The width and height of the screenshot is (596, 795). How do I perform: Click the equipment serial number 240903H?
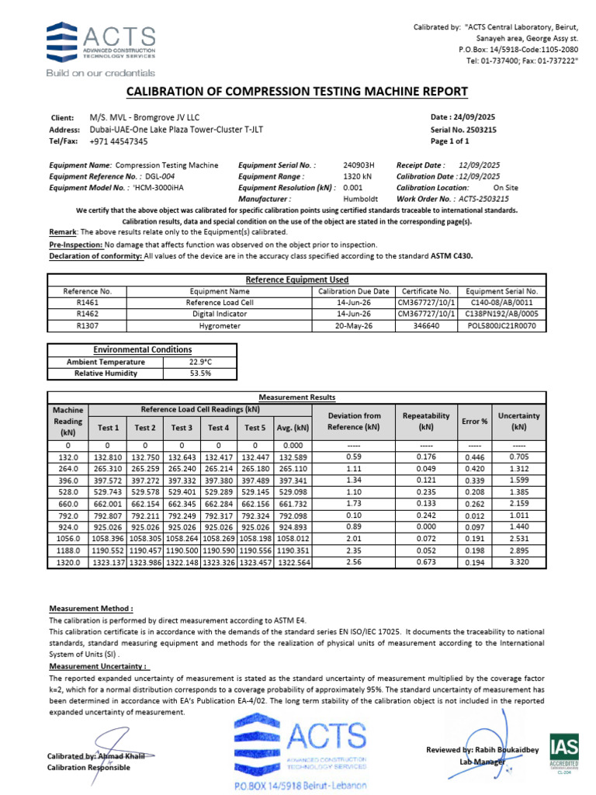point(359,165)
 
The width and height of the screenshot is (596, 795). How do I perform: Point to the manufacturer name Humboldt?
point(359,199)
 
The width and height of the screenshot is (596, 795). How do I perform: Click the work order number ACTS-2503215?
point(480,199)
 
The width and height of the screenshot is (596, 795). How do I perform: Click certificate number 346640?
point(428,326)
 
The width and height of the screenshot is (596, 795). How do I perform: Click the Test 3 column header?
point(182,427)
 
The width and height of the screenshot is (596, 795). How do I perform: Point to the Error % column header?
point(474,421)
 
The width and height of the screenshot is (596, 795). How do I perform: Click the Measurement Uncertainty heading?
point(99,666)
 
